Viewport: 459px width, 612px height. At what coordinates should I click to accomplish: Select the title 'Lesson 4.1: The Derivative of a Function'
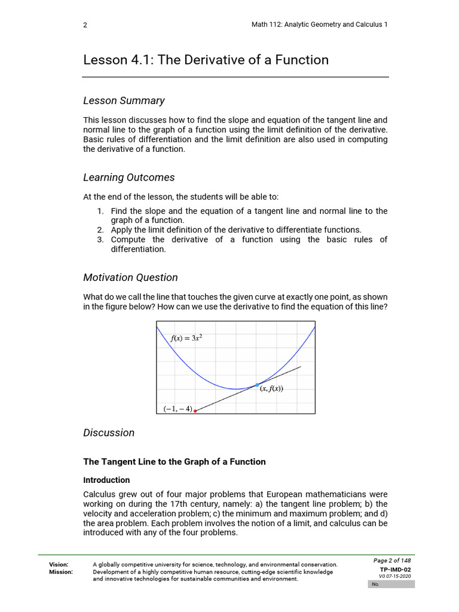206,60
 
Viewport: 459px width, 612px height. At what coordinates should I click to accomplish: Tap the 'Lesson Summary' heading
124,100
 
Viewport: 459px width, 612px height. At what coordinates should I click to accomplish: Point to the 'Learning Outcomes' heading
128,178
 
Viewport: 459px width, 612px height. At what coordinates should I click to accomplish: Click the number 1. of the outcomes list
100,211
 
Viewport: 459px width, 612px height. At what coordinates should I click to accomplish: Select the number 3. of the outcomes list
100,240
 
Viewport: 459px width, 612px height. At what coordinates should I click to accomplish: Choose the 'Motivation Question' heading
130,277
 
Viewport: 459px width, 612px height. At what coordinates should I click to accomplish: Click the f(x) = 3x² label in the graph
186,338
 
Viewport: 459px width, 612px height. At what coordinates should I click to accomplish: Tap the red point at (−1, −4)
195,411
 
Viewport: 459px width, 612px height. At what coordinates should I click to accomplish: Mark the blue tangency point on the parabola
257,384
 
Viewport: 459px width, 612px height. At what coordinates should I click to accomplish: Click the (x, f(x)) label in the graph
271,388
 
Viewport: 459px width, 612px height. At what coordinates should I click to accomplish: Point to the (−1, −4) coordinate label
178,409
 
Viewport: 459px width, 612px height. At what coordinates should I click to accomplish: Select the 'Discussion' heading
109,433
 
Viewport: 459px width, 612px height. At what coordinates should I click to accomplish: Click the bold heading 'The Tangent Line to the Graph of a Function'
174,461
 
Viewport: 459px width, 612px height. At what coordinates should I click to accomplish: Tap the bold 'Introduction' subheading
106,480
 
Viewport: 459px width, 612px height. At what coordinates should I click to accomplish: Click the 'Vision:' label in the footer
59,564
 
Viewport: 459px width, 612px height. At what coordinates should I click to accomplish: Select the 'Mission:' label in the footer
61,572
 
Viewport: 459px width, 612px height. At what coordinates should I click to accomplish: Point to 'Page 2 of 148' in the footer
391,561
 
